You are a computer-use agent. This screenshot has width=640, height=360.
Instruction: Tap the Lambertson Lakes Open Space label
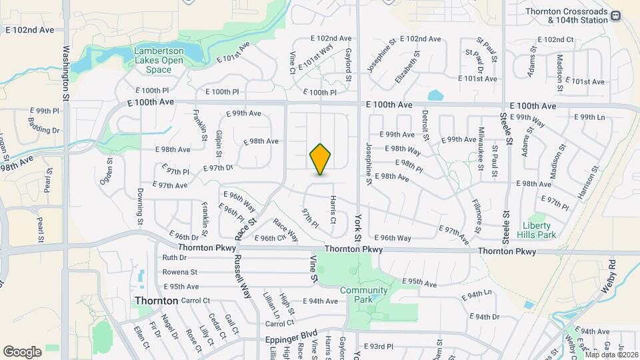click(x=159, y=60)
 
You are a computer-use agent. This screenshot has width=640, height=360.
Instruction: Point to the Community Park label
click(x=363, y=295)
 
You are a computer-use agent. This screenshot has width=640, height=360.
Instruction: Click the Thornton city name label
click(x=157, y=301)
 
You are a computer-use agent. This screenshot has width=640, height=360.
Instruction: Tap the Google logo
click(x=22, y=351)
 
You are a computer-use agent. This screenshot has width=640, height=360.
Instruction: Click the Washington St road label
click(x=66, y=73)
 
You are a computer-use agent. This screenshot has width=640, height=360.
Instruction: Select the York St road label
click(x=358, y=227)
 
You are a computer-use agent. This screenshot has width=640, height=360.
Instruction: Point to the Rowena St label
click(x=180, y=272)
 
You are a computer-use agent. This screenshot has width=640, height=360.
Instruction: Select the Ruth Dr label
click(x=174, y=257)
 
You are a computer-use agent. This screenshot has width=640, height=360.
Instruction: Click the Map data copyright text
click(x=611, y=355)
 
